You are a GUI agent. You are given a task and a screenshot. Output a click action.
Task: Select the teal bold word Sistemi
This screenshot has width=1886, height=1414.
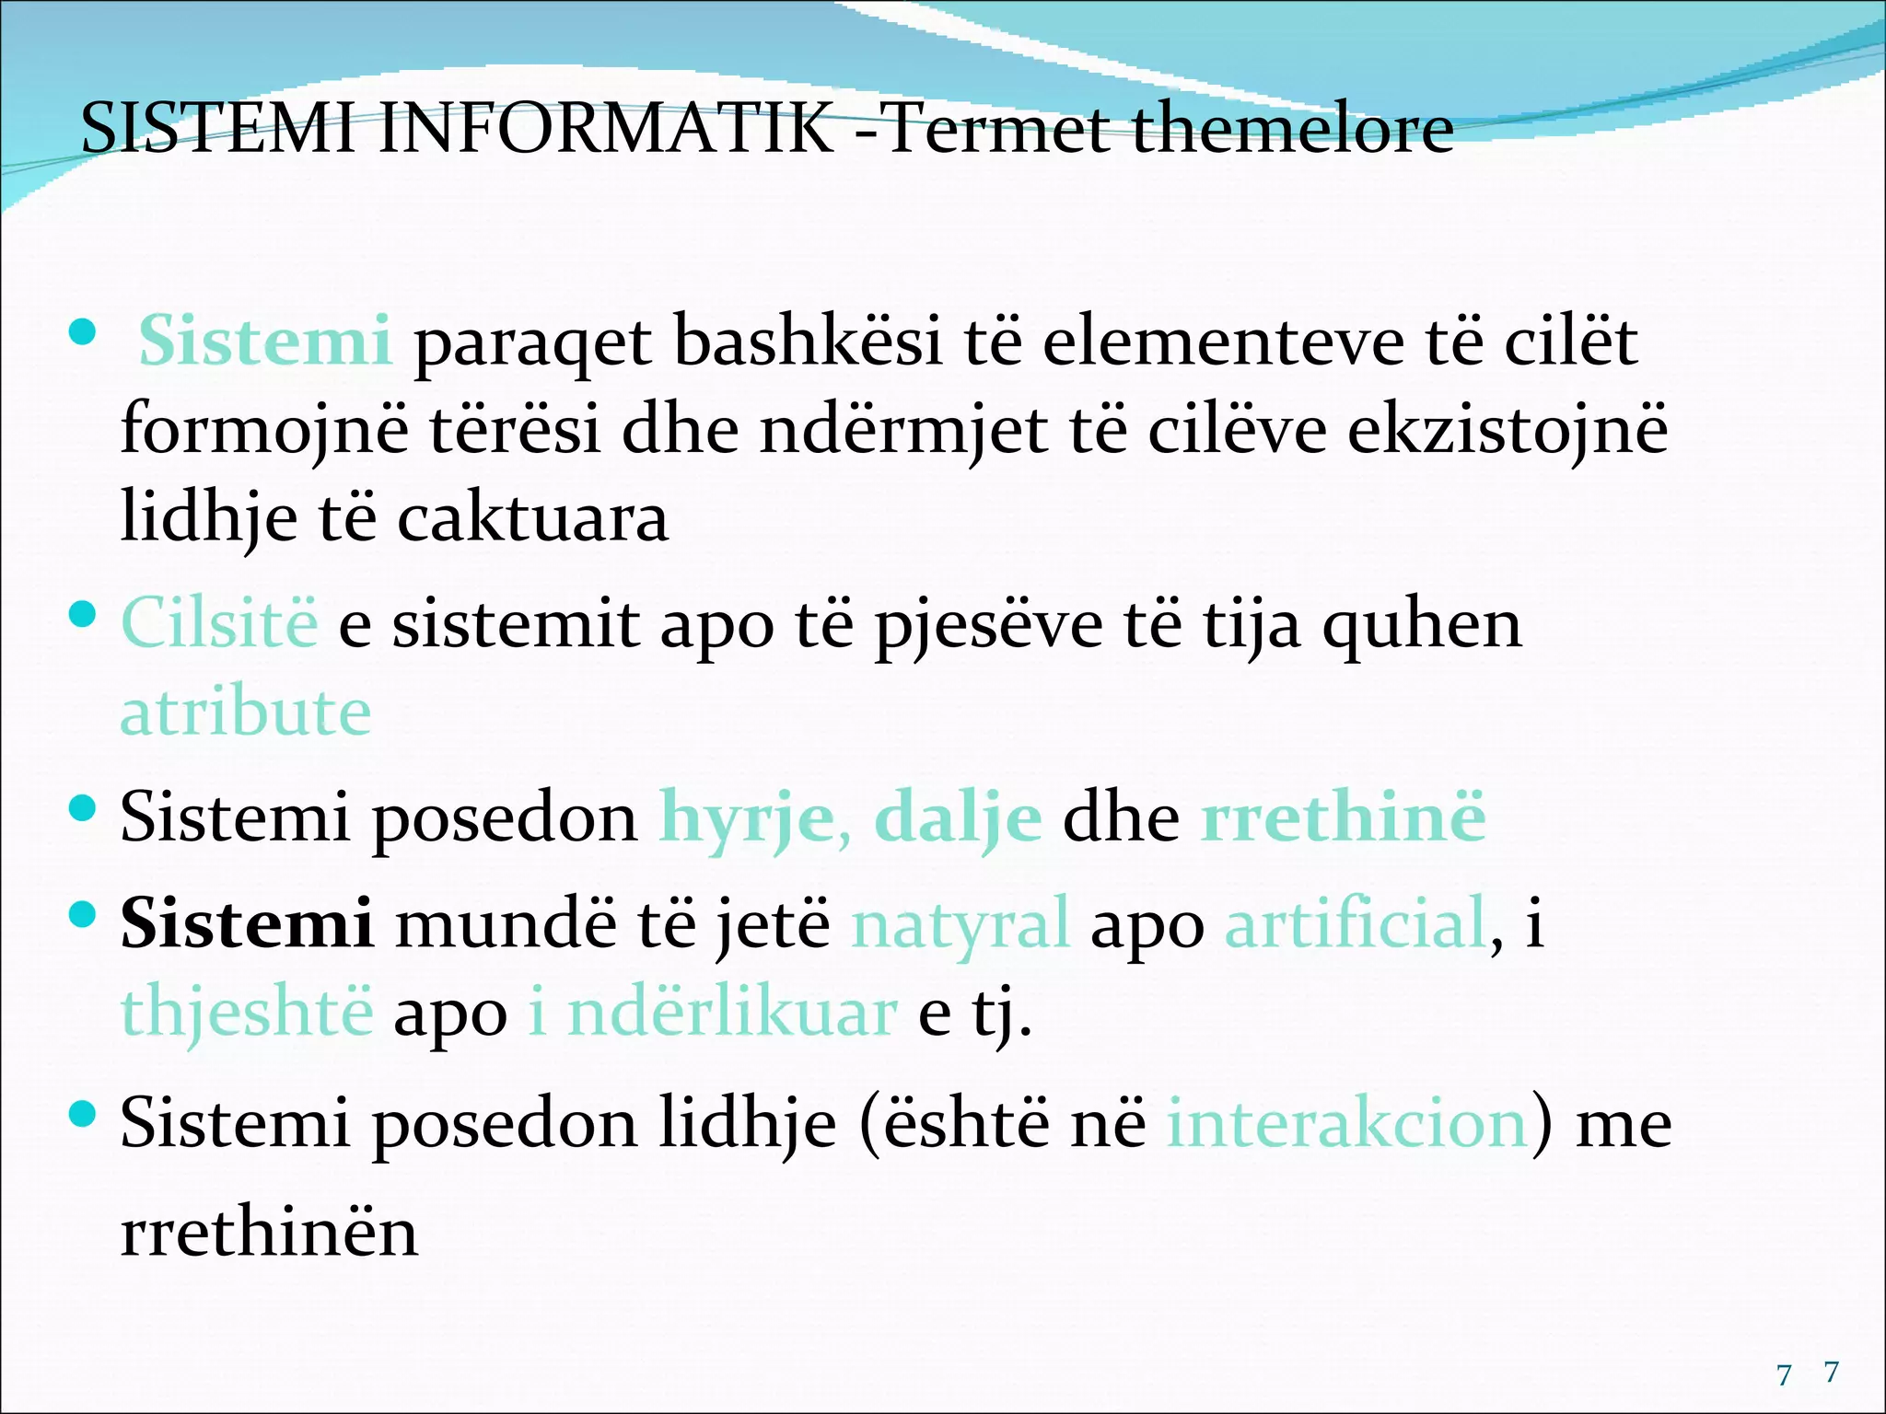pyautogui.click(x=265, y=341)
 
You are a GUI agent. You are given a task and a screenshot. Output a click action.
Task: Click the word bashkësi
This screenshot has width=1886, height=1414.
pyautogui.click(x=808, y=341)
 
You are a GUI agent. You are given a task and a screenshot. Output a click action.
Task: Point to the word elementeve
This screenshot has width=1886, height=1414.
pyautogui.click(x=1223, y=341)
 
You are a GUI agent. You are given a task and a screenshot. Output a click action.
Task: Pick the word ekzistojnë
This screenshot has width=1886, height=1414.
pyautogui.click(x=1508, y=430)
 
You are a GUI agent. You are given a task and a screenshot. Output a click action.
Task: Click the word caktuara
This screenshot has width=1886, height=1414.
pyautogui.click(x=532, y=517)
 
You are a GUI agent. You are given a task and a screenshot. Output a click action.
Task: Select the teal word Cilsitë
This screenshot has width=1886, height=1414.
pyautogui.click(x=219, y=623)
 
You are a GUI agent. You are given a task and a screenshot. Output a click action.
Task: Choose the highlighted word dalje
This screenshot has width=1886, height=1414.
pyautogui.click(x=958, y=817)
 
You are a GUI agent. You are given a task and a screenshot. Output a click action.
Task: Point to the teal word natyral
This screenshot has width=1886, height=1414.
pyautogui.click(x=960, y=922)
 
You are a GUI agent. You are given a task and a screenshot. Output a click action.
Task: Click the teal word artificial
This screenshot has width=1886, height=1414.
pyautogui.click(x=1356, y=922)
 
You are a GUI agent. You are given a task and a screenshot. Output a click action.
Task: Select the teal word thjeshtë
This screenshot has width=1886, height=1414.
pyautogui.click(x=247, y=1011)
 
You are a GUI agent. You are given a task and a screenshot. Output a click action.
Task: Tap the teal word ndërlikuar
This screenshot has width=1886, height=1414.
pyautogui.click(x=731, y=1011)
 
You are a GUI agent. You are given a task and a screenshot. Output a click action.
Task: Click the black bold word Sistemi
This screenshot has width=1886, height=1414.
pyautogui.click(x=247, y=922)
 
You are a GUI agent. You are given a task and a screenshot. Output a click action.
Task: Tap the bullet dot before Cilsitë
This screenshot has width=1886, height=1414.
pyautogui.click(x=83, y=614)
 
